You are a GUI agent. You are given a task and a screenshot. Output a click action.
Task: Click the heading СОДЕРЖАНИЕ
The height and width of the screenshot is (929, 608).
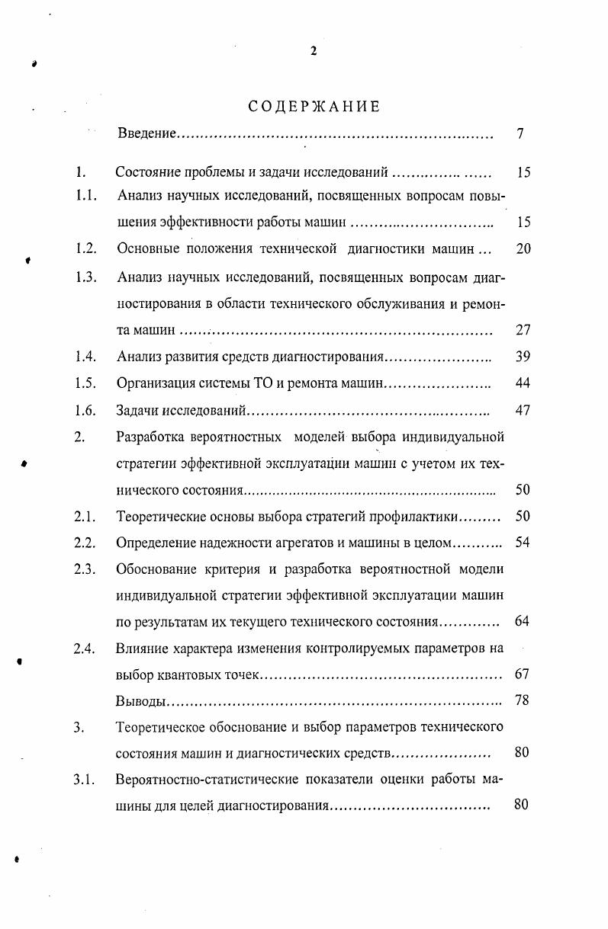pos(314,107)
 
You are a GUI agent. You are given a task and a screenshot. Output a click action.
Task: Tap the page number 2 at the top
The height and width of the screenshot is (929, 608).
pos(313,51)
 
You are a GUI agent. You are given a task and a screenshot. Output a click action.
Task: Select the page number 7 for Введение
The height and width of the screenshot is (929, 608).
pos(520,134)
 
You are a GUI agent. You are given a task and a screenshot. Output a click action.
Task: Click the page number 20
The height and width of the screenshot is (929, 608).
pos(523,249)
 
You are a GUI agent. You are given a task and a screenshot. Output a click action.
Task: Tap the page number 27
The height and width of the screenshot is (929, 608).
pos(523,331)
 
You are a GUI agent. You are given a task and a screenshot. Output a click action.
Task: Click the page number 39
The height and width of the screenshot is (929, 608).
pos(523,357)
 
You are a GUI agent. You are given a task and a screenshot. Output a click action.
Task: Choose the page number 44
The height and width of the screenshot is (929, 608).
pos(523,383)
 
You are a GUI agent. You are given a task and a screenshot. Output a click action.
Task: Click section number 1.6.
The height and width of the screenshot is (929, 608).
pos(85,411)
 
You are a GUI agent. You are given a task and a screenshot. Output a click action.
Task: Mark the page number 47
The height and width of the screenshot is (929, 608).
pos(523,411)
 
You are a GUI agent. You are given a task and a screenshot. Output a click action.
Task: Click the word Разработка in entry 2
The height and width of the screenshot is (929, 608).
pos(152,437)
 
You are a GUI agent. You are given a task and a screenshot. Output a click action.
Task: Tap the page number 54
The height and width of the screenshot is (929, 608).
pos(523,543)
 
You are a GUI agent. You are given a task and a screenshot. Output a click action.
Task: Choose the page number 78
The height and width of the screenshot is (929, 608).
pos(522,700)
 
